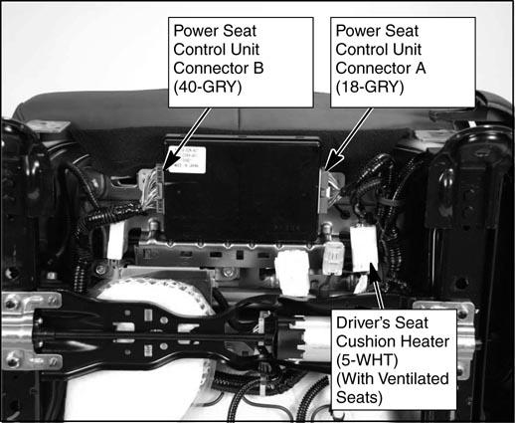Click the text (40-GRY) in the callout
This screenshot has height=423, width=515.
(x=208, y=87)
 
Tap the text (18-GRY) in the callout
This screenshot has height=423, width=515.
(x=370, y=87)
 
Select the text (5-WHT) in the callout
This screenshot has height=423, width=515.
(x=367, y=360)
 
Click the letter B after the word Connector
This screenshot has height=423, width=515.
(x=258, y=69)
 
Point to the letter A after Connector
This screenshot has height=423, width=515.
(x=421, y=69)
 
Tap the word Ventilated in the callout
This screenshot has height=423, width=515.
(x=418, y=379)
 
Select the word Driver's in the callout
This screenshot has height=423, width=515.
(x=358, y=322)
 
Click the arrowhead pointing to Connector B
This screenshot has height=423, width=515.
(x=170, y=163)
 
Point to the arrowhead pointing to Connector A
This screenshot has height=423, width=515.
(x=332, y=161)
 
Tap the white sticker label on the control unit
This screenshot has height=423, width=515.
(x=188, y=160)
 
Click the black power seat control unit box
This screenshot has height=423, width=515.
(x=242, y=188)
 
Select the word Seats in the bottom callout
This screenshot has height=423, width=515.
(x=359, y=397)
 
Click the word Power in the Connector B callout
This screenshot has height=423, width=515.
(x=195, y=31)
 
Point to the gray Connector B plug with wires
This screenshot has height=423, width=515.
(x=151, y=189)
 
